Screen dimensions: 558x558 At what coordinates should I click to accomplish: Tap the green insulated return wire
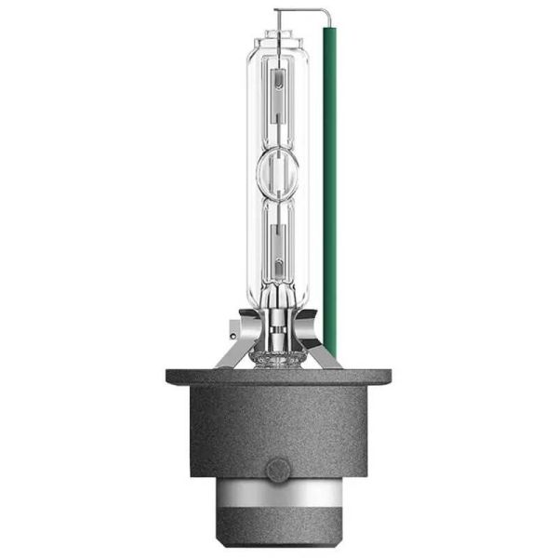click(x=329, y=186)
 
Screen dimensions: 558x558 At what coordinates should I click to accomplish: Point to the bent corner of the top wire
click(x=329, y=12)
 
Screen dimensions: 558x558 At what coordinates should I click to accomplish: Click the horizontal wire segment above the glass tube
click(x=303, y=10)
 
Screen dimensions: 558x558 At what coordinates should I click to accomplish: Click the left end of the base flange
click(x=171, y=376)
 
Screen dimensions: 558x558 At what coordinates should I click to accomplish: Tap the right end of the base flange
click(x=387, y=376)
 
